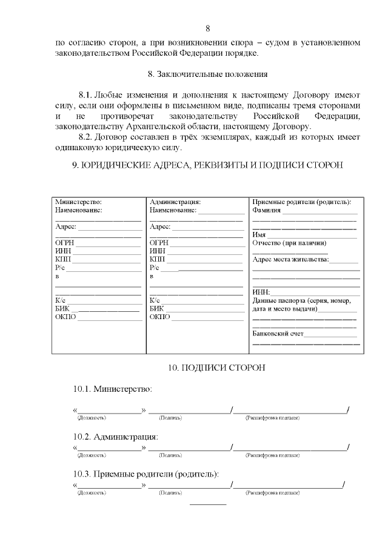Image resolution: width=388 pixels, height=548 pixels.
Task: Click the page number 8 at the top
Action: click(x=207, y=28)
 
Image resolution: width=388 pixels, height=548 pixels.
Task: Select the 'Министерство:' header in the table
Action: click(x=78, y=202)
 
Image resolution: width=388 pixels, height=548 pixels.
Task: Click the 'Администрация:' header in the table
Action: click(x=175, y=202)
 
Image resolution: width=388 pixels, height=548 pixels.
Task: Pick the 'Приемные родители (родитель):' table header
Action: click(x=301, y=202)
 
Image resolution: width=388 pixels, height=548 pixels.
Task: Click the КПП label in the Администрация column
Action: click(x=157, y=259)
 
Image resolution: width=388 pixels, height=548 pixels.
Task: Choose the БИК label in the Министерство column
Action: click(x=63, y=308)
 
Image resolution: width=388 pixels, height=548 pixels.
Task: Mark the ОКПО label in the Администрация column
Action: click(x=159, y=317)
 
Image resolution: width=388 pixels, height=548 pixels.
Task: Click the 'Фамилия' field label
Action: click(x=266, y=210)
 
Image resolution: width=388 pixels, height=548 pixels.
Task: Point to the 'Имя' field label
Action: click(x=259, y=235)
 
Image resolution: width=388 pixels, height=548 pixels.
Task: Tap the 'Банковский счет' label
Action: click(x=278, y=333)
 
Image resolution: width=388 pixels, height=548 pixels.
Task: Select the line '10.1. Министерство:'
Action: click(x=113, y=388)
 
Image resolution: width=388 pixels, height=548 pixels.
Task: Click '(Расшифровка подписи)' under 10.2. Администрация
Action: click(x=272, y=455)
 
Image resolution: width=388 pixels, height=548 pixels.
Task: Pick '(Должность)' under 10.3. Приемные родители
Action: click(x=92, y=493)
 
